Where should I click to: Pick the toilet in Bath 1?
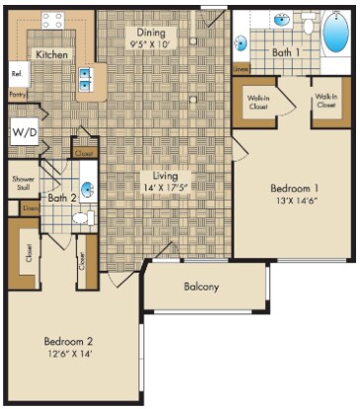[x=309, y=22]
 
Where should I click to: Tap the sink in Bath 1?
[x=281, y=19]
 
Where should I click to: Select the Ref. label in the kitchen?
[x=17, y=75]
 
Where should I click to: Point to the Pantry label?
[x=17, y=95]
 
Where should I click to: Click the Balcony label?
[x=201, y=287]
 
